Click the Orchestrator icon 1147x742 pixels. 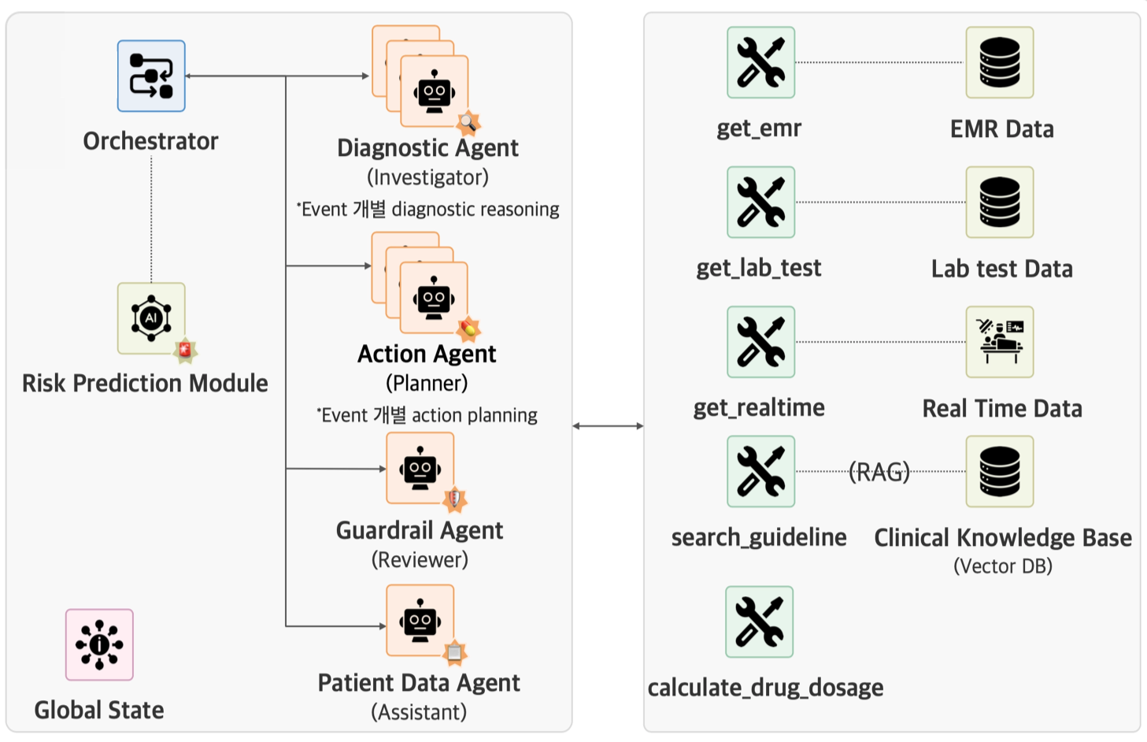[x=151, y=76]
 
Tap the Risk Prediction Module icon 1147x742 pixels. [x=151, y=318]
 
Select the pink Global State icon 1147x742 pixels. [x=99, y=644]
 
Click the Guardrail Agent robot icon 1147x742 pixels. [x=420, y=469]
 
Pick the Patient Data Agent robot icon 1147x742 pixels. [x=420, y=621]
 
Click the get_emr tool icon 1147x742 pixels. [x=760, y=62]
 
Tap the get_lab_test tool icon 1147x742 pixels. [x=760, y=202]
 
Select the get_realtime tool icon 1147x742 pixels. [x=760, y=342]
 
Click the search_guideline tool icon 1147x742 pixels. [x=760, y=471]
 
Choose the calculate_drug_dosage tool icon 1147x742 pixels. [x=759, y=621]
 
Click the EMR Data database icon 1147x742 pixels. [x=999, y=62]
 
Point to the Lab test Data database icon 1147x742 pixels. [x=999, y=202]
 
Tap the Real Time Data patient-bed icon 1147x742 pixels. [x=999, y=342]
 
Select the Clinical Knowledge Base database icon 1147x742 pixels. [x=999, y=471]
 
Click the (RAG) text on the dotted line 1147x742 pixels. [x=879, y=472]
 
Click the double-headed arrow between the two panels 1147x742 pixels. [x=608, y=426]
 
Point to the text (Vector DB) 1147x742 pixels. [x=1002, y=566]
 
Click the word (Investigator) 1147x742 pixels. [x=427, y=177]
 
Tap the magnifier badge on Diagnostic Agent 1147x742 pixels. [x=468, y=122]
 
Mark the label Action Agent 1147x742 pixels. [x=427, y=354]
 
